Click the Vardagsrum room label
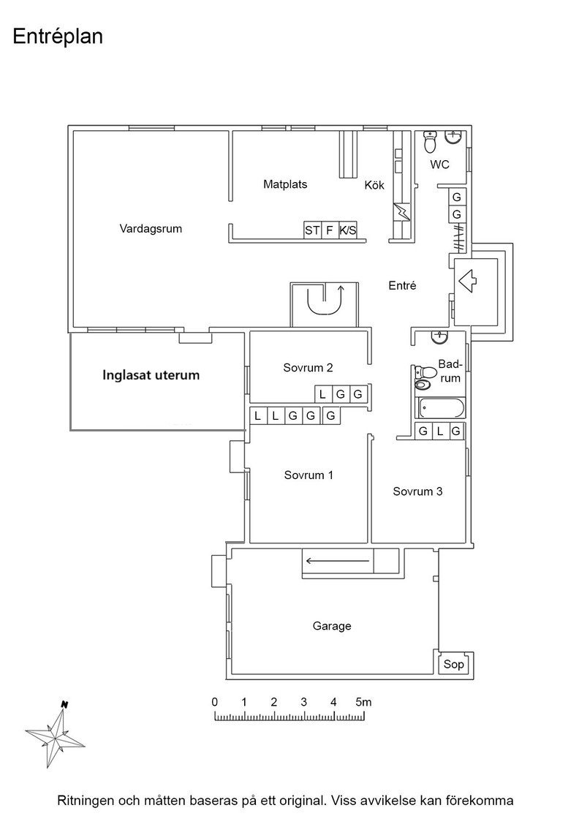[x=151, y=229]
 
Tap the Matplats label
[x=285, y=184]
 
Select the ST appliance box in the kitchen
[x=312, y=230]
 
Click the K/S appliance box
[x=348, y=230]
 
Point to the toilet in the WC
[x=430, y=141]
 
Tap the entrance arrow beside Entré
[x=467, y=281]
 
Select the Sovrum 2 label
[x=308, y=368]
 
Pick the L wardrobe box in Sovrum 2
[x=322, y=394]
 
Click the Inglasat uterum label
[x=151, y=375]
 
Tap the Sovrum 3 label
[x=417, y=491]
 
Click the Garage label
[x=332, y=626]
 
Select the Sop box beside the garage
[x=453, y=665]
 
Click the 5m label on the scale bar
[x=363, y=701]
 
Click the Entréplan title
[x=58, y=37]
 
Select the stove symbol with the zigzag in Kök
[x=403, y=211]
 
